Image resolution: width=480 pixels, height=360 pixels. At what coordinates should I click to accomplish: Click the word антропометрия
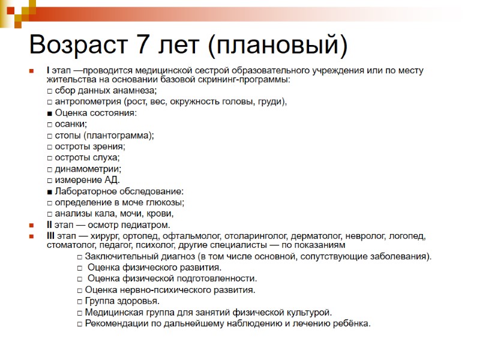pyautogui.click(x=85, y=101)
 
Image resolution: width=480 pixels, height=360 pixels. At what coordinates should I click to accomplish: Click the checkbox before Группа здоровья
pyautogui.click(x=80, y=301)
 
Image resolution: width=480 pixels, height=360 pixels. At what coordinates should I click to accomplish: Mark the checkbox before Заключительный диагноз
pyautogui.click(x=80, y=257)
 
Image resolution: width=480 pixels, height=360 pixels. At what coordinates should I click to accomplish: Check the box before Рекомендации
pyautogui.click(x=80, y=324)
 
